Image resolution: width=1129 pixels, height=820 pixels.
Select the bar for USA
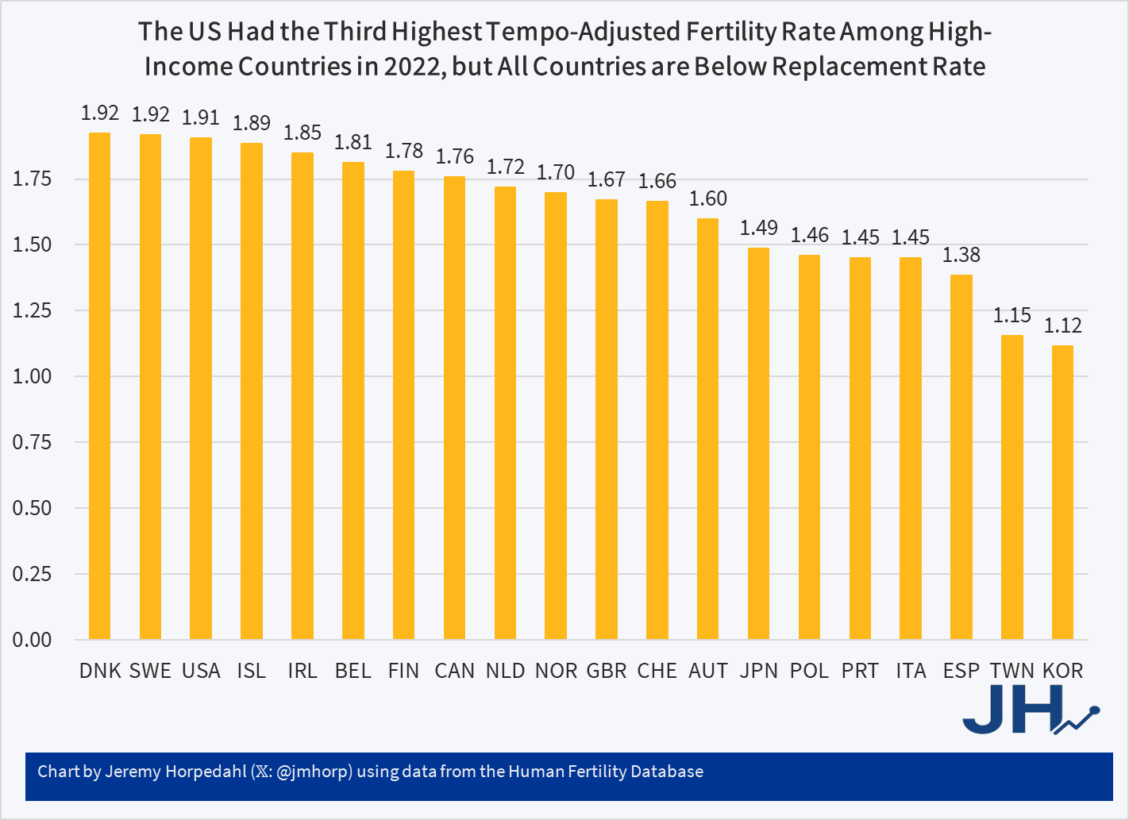pyautogui.click(x=201, y=388)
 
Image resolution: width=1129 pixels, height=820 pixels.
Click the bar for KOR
pyautogui.click(x=1062, y=492)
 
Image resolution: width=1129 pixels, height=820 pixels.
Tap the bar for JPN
pyautogui.click(x=758, y=444)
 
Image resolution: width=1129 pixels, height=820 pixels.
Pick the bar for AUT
pyautogui.click(x=707, y=429)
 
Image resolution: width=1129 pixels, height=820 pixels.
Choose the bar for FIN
pyautogui.click(x=403, y=405)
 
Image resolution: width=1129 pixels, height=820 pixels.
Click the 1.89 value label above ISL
pyautogui.click(x=252, y=123)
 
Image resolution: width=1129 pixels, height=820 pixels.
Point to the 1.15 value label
pyautogui.click(x=1011, y=315)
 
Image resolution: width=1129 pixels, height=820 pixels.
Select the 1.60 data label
pyautogui.click(x=707, y=198)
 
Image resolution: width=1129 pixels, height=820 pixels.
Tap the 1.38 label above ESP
pyautogui.click(x=961, y=255)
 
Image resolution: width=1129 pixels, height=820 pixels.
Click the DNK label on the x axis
pyautogui.click(x=100, y=671)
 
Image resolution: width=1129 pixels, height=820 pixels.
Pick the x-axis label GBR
pyautogui.click(x=607, y=671)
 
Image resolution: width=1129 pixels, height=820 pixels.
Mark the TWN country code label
pyautogui.click(x=1011, y=671)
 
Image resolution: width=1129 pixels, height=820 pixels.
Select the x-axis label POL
pyautogui.click(x=809, y=671)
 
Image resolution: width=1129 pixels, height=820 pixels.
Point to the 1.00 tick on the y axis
pyautogui.click(x=32, y=376)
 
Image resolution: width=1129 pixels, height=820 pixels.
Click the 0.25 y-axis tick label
pyautogui.click(x=32, y=574)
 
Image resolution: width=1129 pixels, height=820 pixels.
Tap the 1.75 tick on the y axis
pyautogui.click(x=32, y=179)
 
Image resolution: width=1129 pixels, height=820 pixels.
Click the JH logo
pyautogui.click(x=1028, y=709)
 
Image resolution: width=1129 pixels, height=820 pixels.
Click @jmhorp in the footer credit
pyautogui.click(x=314, y=772)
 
